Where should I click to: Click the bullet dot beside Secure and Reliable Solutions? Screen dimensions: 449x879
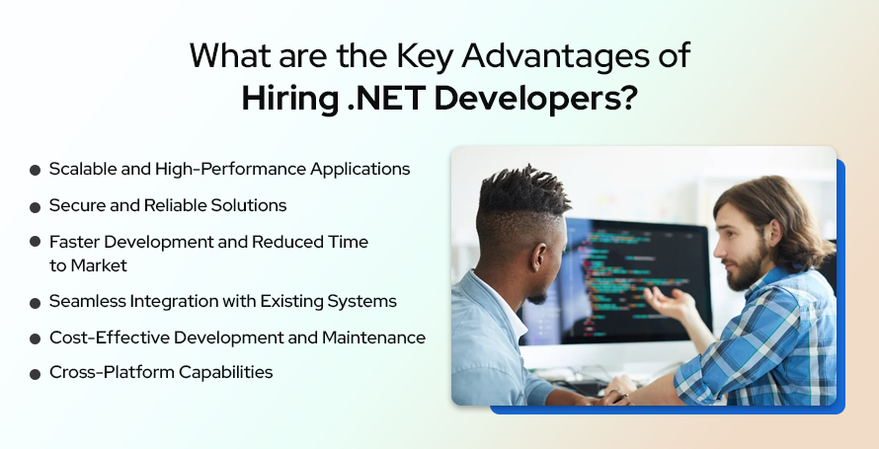pyautogui.click(x=36, y=206)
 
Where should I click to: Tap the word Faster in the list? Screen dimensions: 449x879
pyautogui.click(x=74, y=242)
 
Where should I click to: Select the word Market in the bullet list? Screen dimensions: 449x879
pyautogui.click(x=99, y=265)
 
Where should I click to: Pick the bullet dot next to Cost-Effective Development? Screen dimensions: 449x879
pyautogui.click(x=36, y=338)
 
